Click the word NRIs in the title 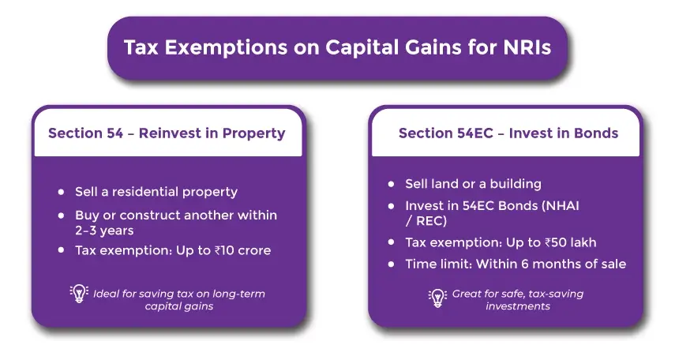point(527,47)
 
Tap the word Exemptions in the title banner point(226,48)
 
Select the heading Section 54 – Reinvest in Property point(167,133)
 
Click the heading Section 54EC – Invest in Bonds point(508,133)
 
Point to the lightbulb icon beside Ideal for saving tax point(79,294)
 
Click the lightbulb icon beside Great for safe point(437,298)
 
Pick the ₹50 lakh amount point(570,242)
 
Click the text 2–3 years point(104,231)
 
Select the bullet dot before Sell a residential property point(61,192)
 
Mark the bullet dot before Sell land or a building point(391,184)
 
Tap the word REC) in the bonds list point(431,221)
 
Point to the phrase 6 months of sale point(573,264)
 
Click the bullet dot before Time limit point(391,264)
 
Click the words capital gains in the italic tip point(179,306)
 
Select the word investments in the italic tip point(518,306)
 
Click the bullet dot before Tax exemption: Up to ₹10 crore point(61,250)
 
